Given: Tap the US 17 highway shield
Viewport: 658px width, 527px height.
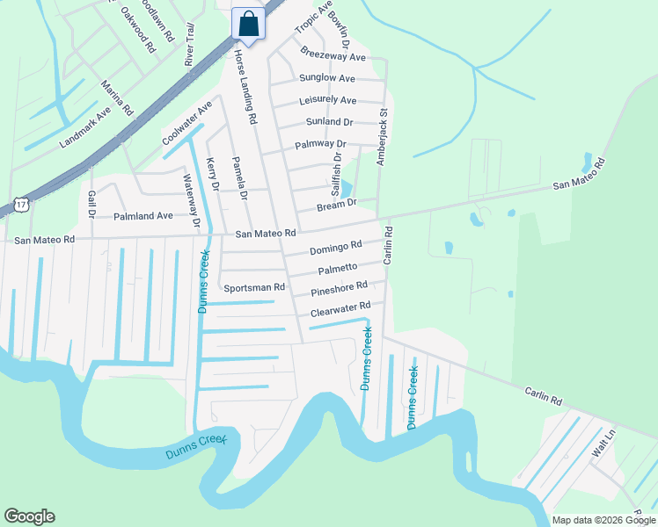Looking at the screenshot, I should tap(20, 206).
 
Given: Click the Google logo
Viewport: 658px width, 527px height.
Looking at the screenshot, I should tap(29, 516).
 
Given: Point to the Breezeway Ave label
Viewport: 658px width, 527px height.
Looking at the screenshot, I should tap(333, 56).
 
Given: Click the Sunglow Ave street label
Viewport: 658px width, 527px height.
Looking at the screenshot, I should tap(326, 78).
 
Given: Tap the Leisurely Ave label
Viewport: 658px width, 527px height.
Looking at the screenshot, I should tap(329, 100).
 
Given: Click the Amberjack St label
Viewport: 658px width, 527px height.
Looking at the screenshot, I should tap(383, 137).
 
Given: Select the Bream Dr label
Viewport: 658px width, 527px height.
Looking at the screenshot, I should tap(337, 204).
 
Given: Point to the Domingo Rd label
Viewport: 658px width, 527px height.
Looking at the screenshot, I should tap(335, 249).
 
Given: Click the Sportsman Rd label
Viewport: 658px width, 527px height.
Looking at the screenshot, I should tap(254, 287).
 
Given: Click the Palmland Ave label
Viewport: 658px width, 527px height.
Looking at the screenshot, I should tap(143, 215).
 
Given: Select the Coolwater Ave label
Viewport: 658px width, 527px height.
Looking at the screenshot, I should tap(187, 124).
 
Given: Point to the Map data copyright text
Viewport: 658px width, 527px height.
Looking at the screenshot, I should tap(603, 520).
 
